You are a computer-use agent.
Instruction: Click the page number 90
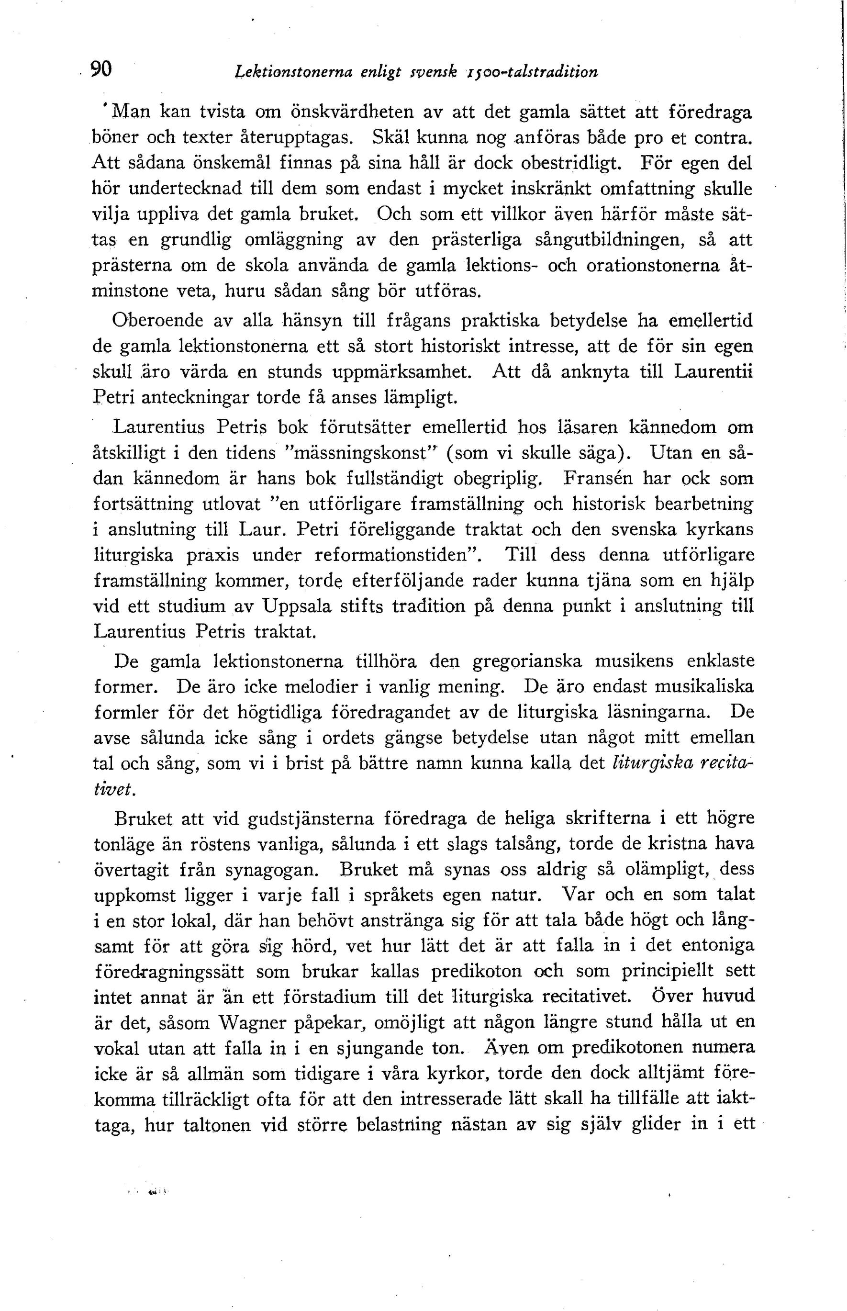coord(101,69)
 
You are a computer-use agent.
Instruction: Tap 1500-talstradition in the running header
coord(533,71)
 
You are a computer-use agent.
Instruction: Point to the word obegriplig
coord(498,478)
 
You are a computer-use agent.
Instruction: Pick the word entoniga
coord(718,946)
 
